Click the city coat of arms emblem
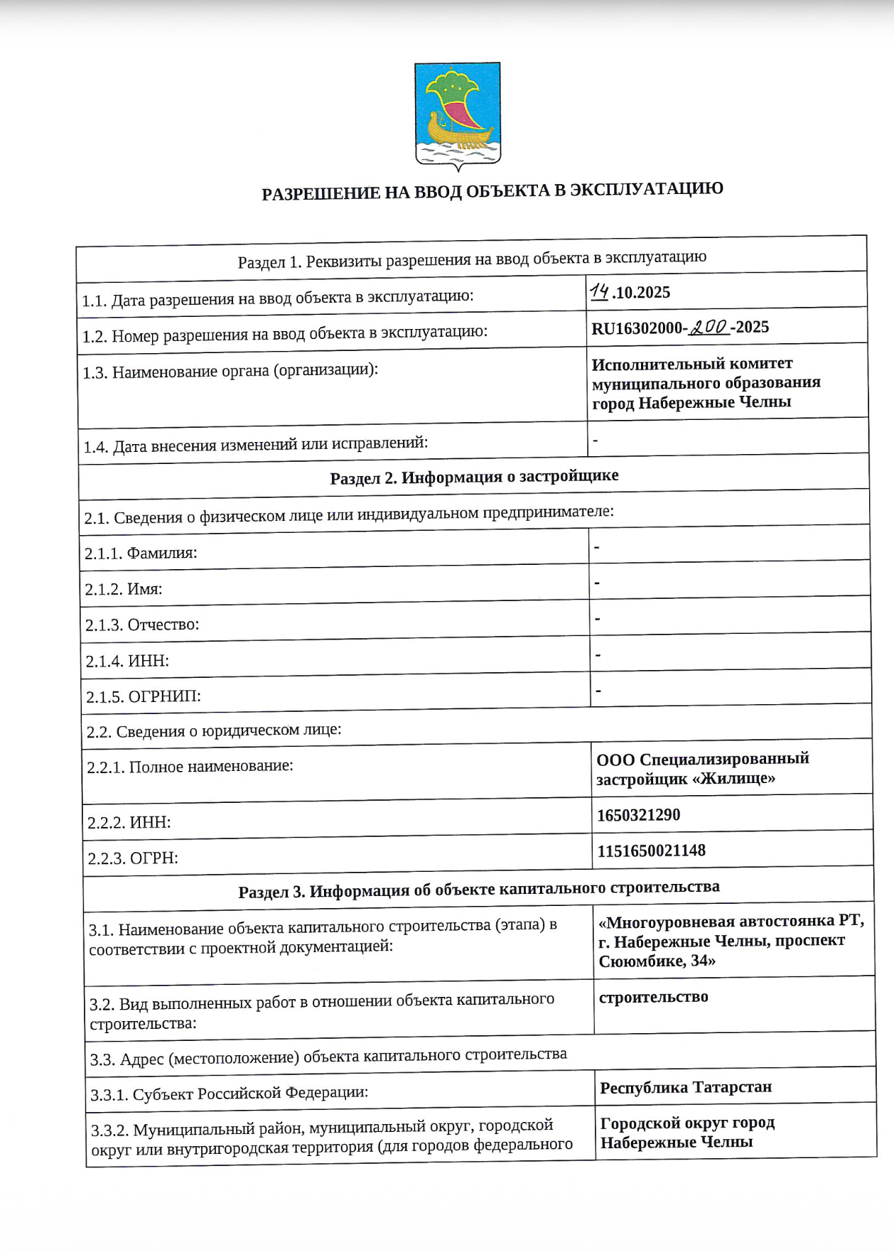[x=457, y=116]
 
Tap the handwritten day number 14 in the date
[x=599, y=292]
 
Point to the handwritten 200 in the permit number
[x=709, y=327]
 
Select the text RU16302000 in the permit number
[x=636, y=328]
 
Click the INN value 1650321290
[x=638, y=815]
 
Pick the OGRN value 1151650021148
[x=651, y=851]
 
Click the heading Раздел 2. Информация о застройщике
[x=474, y=476]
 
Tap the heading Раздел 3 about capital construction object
[x=478, y=889]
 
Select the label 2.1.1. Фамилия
[x=141, y=553]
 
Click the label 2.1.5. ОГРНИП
[x=143, y=696]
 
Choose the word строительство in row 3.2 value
[x=653, y=997]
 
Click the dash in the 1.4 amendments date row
[x=595, y=441]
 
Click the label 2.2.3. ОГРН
[x=132, y=858]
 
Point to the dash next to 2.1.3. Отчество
[x=598, y=618]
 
